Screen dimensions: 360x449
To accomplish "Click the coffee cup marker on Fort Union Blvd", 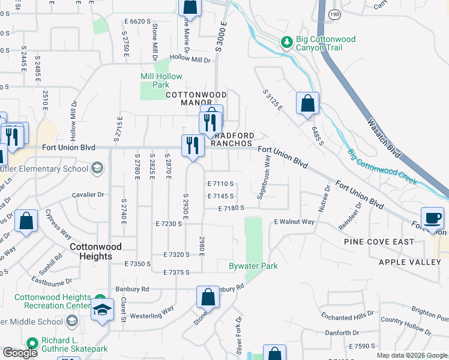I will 432,218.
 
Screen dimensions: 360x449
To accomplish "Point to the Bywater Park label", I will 253,266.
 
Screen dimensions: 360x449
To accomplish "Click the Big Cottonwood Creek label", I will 382,167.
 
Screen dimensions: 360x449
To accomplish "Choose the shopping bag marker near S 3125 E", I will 307,103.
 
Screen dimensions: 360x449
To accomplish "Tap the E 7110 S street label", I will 220,184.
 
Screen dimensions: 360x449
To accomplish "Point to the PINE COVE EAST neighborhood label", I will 379,241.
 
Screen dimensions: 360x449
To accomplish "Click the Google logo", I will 20,353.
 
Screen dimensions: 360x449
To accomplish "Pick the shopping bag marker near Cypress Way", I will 26,221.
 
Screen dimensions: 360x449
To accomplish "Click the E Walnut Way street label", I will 294,222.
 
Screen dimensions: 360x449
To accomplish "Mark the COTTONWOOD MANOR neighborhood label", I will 190,98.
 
